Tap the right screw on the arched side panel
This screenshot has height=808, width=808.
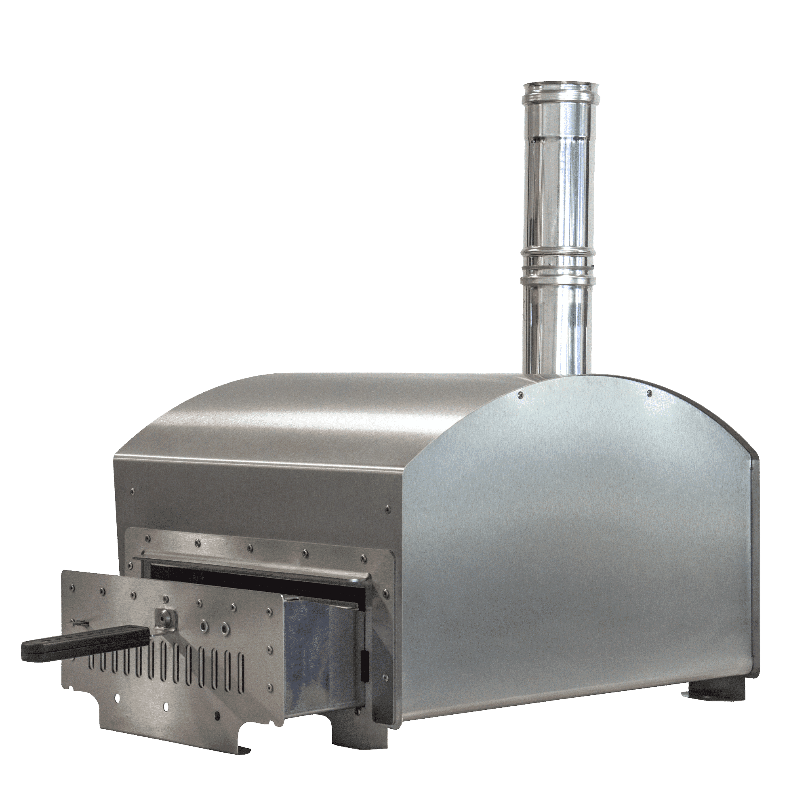click(x=649, y=392)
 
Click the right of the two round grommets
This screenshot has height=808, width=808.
click(x=225, y=627)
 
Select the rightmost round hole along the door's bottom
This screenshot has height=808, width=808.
click(x=217, y=714)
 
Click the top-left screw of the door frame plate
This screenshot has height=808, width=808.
click(x=146, y=539)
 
